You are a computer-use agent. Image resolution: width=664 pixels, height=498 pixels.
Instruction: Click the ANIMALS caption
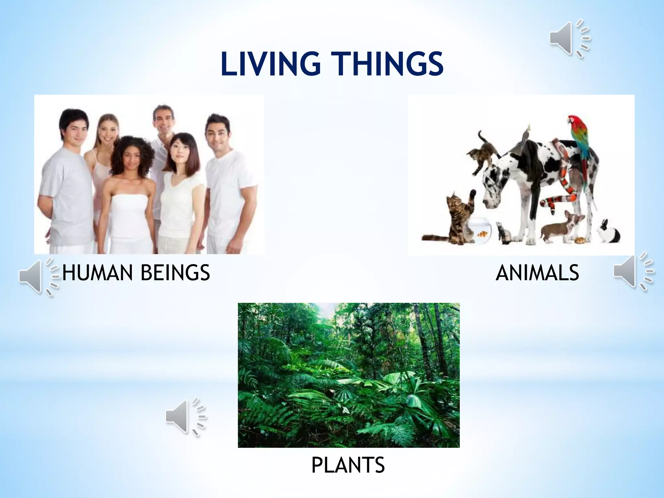pos(537,273)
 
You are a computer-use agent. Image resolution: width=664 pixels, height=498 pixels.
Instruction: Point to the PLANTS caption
pos(348,465)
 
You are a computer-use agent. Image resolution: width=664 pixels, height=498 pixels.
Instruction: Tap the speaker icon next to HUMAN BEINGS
pos(37,277)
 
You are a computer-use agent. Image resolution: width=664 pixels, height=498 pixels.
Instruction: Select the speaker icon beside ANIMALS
pos(632,272)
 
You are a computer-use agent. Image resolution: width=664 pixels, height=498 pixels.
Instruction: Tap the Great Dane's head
pos(494,195)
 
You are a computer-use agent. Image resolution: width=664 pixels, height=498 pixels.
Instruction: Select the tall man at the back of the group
pos(164,120)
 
